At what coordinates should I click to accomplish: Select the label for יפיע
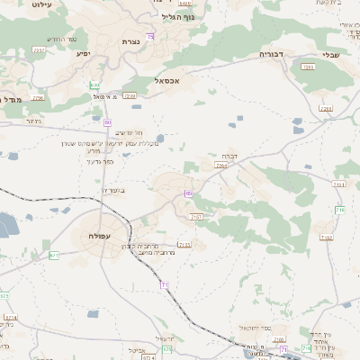(82, 54)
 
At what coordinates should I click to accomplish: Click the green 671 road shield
(54, 255)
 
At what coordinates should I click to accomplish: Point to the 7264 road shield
(221, 166)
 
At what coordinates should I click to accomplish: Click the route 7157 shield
(196, 217)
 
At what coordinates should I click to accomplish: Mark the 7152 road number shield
(326, 238)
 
